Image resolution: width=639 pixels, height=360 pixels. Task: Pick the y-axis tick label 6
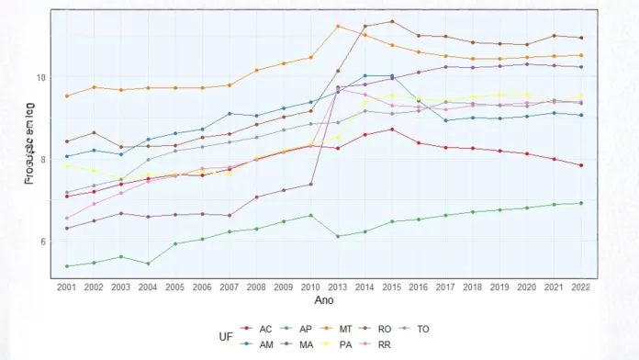(x=41, y=242)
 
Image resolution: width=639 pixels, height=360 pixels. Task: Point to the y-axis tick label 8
(x=41, y=160)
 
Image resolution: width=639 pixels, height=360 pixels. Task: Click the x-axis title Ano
(x=324, y=300)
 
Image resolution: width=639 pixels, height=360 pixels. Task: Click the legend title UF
(x=226, y=337)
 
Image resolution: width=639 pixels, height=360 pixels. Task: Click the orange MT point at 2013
(x=338, y=26)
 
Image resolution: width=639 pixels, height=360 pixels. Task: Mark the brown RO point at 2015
(x=392, y=21)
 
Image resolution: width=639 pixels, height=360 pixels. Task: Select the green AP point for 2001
(x=66, y=266)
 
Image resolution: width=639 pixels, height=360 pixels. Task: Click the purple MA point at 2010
(x=311, y=184)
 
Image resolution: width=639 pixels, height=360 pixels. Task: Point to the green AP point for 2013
(x=338, y=236)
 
